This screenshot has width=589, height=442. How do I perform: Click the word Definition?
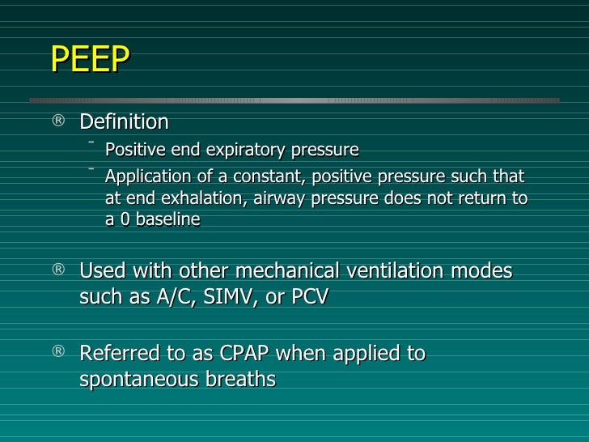click(124, 122)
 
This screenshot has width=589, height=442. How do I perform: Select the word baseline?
click(167, 219)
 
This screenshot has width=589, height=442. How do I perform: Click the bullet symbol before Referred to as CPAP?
click(59, 351)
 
